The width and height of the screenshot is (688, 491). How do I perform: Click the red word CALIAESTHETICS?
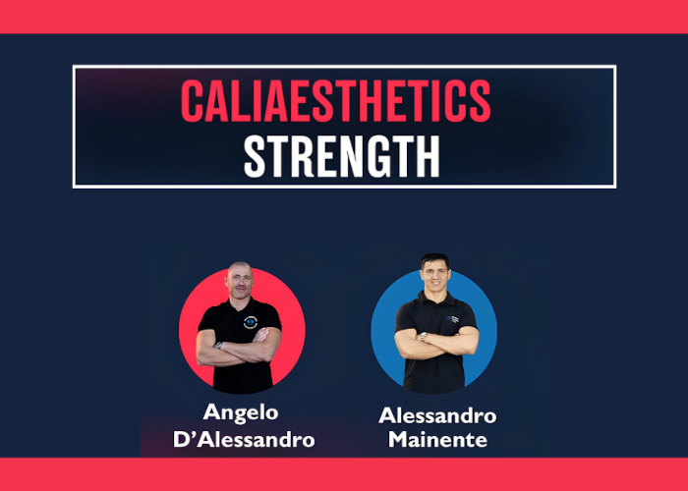(335, 101)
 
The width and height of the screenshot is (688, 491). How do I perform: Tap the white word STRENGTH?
(340, 155)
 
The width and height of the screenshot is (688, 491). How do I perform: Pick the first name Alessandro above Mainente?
(437, 415)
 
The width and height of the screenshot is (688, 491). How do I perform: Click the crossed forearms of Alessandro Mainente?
(436, 340)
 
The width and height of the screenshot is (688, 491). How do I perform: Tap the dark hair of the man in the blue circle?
(433, 260)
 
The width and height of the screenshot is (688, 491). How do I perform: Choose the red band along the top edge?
(344, 16)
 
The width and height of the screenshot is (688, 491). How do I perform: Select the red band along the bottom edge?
(344, 474)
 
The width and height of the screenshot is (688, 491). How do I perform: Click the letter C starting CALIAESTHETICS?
(193, 101)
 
